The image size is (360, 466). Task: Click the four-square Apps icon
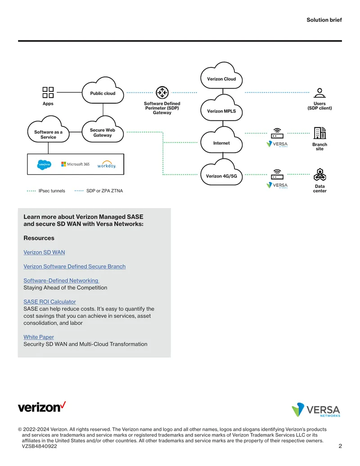48,92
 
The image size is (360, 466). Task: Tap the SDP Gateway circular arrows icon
162,92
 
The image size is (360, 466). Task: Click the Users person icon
319,93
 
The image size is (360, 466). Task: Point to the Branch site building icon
319,133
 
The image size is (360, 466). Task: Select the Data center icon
319,174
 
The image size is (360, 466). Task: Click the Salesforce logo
44,164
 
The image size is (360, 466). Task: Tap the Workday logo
107,165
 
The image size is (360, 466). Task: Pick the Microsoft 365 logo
75,164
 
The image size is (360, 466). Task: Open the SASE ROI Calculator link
49,302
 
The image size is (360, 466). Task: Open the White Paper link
39,337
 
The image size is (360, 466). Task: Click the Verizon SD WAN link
44,252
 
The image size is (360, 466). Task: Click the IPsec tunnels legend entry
46,191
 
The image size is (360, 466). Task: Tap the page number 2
340,446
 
